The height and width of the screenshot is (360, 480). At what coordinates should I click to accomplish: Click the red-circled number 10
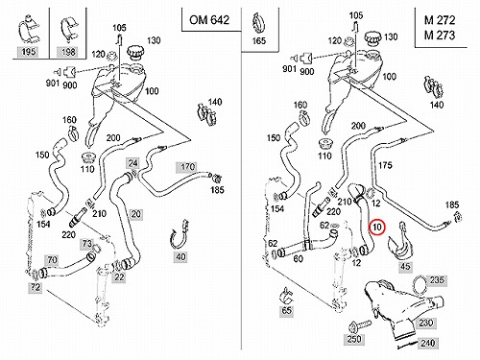[x=377, y=227]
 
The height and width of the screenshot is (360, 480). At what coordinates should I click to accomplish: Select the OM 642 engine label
[x=209, y=20]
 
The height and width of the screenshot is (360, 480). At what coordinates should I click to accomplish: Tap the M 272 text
[x=440, y=20]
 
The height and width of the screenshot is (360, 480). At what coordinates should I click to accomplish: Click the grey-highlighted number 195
[x=28, y=52]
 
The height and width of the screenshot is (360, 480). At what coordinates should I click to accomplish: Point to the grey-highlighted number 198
[x=68, y=52]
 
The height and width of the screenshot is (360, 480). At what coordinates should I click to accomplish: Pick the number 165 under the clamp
[x=258, y=40]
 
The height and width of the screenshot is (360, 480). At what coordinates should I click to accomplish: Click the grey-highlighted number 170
[x=187, y=167]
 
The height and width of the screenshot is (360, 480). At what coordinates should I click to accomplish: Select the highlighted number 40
[x=180, y=256]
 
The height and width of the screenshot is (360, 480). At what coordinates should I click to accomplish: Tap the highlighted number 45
[x=405, y=267]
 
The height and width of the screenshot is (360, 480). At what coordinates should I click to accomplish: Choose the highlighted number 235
[x=437, y=280]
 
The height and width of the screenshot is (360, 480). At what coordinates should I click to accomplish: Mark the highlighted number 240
[x=427, y=344]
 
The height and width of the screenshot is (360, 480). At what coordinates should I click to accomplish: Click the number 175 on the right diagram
[x=385, y=165]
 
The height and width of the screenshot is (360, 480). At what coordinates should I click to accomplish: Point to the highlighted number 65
[x=286, y=311]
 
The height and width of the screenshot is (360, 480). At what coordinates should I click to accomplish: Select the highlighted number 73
[x=87, y=244]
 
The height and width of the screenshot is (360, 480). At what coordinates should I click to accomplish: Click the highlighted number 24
[x=132, y=163]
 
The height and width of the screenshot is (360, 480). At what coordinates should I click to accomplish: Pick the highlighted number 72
[x=36, y=287]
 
